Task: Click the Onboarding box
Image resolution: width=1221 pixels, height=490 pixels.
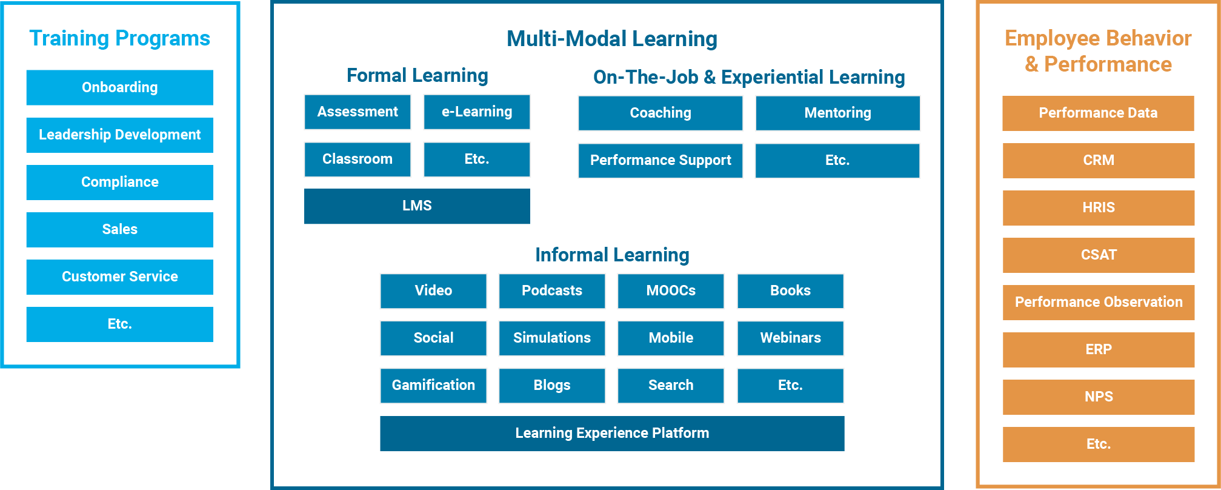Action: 119,87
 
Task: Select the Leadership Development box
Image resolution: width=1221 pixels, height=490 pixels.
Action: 119,135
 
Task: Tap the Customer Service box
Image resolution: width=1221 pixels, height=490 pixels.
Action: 119,277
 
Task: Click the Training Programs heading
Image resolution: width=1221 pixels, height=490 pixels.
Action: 119,38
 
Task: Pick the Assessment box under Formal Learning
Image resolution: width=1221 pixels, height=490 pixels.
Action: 358,112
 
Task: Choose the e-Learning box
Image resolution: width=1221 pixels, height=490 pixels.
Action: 477,112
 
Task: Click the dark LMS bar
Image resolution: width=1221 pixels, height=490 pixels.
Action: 417,206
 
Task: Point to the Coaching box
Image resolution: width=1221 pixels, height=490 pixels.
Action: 660,113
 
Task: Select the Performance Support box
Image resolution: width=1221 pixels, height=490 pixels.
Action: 660,160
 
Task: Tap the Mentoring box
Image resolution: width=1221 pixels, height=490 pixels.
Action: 837,113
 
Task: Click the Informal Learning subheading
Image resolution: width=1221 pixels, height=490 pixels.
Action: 612,255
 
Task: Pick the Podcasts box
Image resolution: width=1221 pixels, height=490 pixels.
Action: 552,290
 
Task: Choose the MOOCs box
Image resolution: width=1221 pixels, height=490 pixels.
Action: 671,290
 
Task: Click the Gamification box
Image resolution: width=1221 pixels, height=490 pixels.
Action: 433,385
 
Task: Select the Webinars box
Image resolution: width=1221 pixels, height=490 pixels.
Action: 790,338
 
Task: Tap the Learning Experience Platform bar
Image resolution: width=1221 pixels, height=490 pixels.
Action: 612,433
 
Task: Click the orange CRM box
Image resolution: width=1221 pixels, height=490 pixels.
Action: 1099,160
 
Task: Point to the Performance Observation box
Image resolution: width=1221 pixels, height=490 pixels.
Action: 1099,302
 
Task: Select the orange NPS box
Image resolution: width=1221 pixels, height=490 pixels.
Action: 1099,397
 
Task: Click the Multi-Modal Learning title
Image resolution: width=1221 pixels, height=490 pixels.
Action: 612,39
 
